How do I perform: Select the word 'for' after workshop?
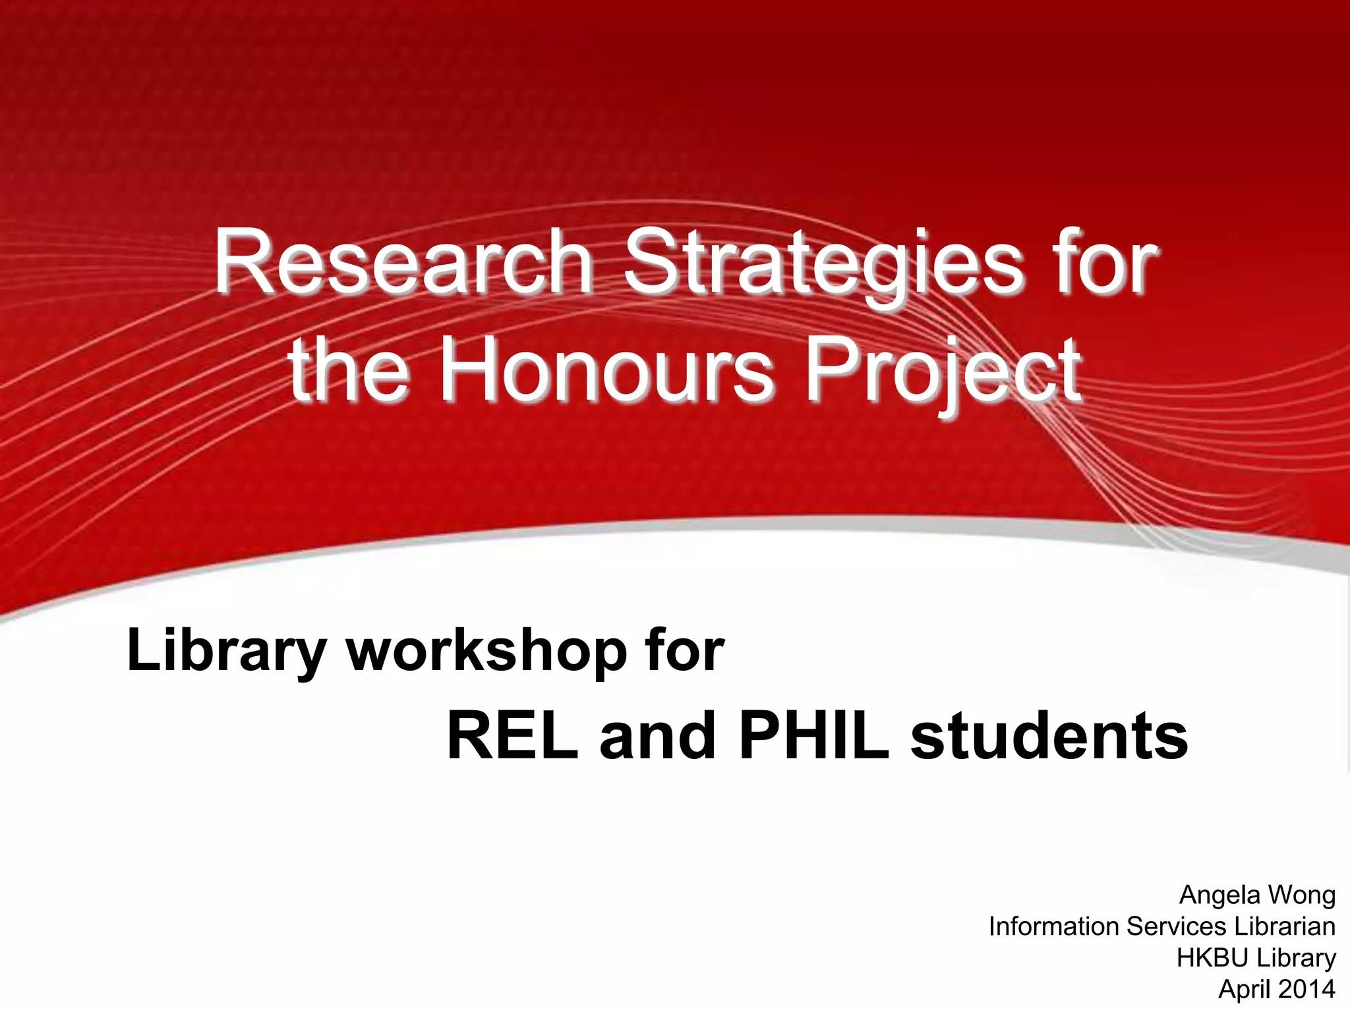coord(685,651)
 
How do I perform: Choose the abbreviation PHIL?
coord(814,737)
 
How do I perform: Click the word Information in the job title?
coord(1054,926)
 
